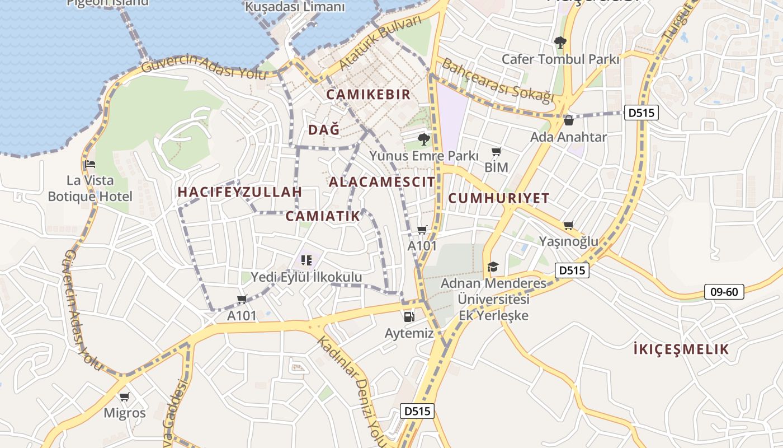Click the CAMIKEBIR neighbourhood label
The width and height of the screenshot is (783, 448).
point(368,95)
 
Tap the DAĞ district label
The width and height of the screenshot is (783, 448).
point(324,130)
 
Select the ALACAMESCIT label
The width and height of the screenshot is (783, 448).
point(381,182)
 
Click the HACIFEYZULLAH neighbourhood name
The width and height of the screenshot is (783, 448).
point(239,192)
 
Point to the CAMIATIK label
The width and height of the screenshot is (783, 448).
point(323,216)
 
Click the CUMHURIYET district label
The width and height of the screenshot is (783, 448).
point(499,198)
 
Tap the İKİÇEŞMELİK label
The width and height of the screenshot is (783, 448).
point(681,350)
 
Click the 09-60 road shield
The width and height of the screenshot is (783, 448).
point(724,292)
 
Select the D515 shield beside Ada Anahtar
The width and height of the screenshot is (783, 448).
point(641,113)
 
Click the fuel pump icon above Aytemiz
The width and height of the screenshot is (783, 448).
point(409,317)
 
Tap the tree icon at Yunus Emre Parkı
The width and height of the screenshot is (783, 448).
point(423,139)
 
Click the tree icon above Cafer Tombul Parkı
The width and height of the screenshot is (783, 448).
point(560,42)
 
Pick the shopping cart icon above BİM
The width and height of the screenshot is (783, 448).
point(496,152)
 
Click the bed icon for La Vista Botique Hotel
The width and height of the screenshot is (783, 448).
point(90,165)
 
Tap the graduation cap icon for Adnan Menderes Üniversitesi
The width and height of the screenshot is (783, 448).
point(493,267)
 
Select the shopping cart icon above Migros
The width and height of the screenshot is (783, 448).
point(124,397)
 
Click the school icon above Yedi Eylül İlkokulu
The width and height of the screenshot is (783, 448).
point(306,260)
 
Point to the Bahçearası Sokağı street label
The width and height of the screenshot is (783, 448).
point(498,81)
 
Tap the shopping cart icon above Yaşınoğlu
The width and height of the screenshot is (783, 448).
point(568,226)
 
